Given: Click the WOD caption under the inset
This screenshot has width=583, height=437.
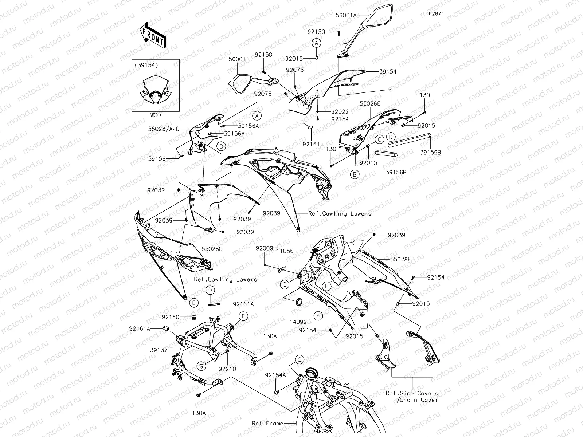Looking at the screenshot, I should [x=156, y=115].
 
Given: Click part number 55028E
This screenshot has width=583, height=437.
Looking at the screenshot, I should [x=370, y=103].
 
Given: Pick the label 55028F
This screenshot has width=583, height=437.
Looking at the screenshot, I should [x=400, y=260].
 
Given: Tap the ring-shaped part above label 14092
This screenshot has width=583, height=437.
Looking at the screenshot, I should [x=299, y=302].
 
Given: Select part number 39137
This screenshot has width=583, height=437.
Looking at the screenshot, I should [x=159, y=350].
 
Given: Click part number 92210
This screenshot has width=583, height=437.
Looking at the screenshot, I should [x=227, y=369].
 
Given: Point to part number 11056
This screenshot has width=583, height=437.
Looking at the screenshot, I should [x=284, y=251].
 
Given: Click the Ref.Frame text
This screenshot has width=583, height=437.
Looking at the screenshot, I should [x=267, y=424].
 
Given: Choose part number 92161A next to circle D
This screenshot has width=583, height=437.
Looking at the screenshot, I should [x=243, y=304].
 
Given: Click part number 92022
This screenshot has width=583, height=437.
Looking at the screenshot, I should [x=340, y=112].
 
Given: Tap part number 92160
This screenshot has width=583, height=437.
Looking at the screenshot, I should [x=170, y=317].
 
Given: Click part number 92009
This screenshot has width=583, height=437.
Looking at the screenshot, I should [x=264, y=248].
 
